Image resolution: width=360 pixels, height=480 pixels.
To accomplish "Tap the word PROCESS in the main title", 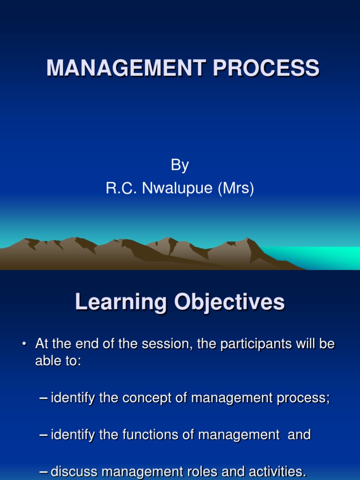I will click(266, 68).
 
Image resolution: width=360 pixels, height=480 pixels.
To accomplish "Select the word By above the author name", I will click(180, 165).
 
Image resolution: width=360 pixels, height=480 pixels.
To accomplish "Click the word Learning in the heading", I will click(120, 302).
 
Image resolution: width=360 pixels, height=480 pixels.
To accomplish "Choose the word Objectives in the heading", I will click(229, 302).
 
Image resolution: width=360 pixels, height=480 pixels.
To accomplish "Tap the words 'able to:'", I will click(58, 362).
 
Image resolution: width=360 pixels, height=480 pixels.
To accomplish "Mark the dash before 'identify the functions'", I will click(44, 435).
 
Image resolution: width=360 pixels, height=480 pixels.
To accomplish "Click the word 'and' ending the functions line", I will click(299, 435).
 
